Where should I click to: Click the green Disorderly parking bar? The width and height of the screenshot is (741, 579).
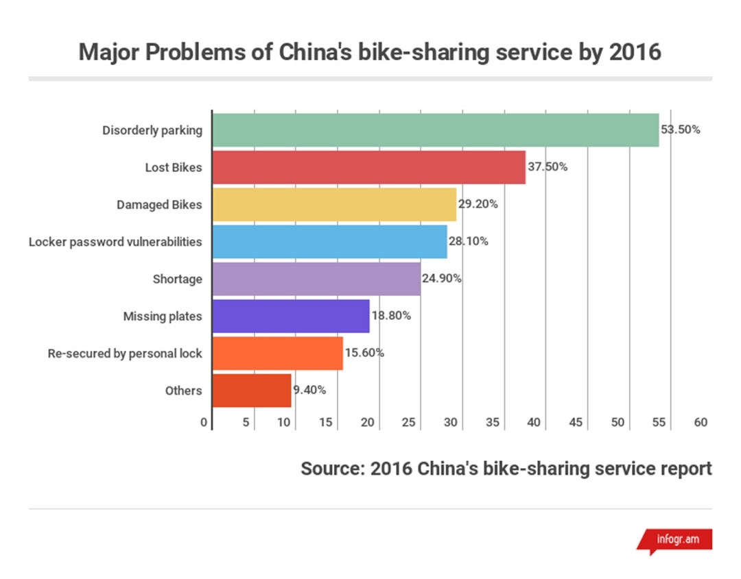pos(435,130)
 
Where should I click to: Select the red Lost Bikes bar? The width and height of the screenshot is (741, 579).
pos(368,167)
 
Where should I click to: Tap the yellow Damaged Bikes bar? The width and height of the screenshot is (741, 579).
pos(334,204)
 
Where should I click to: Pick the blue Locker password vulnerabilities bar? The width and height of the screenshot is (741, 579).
pos(329,241)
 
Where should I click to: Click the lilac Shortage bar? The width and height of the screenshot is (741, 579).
pos(316,279)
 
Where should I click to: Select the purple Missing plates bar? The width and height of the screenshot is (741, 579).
pos(291,316)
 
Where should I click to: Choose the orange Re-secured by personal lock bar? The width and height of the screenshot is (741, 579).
pos(277,354)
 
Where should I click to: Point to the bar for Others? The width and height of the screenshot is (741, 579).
pos(252,391)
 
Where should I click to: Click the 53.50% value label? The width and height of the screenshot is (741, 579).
pos(680,130)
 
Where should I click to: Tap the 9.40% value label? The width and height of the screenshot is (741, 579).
pos(309,391)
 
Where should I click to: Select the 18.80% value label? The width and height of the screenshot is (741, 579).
pos(391,316)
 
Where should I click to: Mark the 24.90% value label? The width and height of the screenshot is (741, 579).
pos(441,279)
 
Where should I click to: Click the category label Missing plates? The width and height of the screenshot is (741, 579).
pos(163,316)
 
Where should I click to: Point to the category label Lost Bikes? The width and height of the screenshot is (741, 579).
pos(174,167)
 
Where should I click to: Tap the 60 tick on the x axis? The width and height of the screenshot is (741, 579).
pos(700,423)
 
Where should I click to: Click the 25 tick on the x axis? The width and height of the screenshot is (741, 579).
pos(408,423)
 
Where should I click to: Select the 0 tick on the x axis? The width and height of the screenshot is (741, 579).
pos(204,423)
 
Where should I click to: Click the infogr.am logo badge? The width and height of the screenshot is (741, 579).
pos(675,540)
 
